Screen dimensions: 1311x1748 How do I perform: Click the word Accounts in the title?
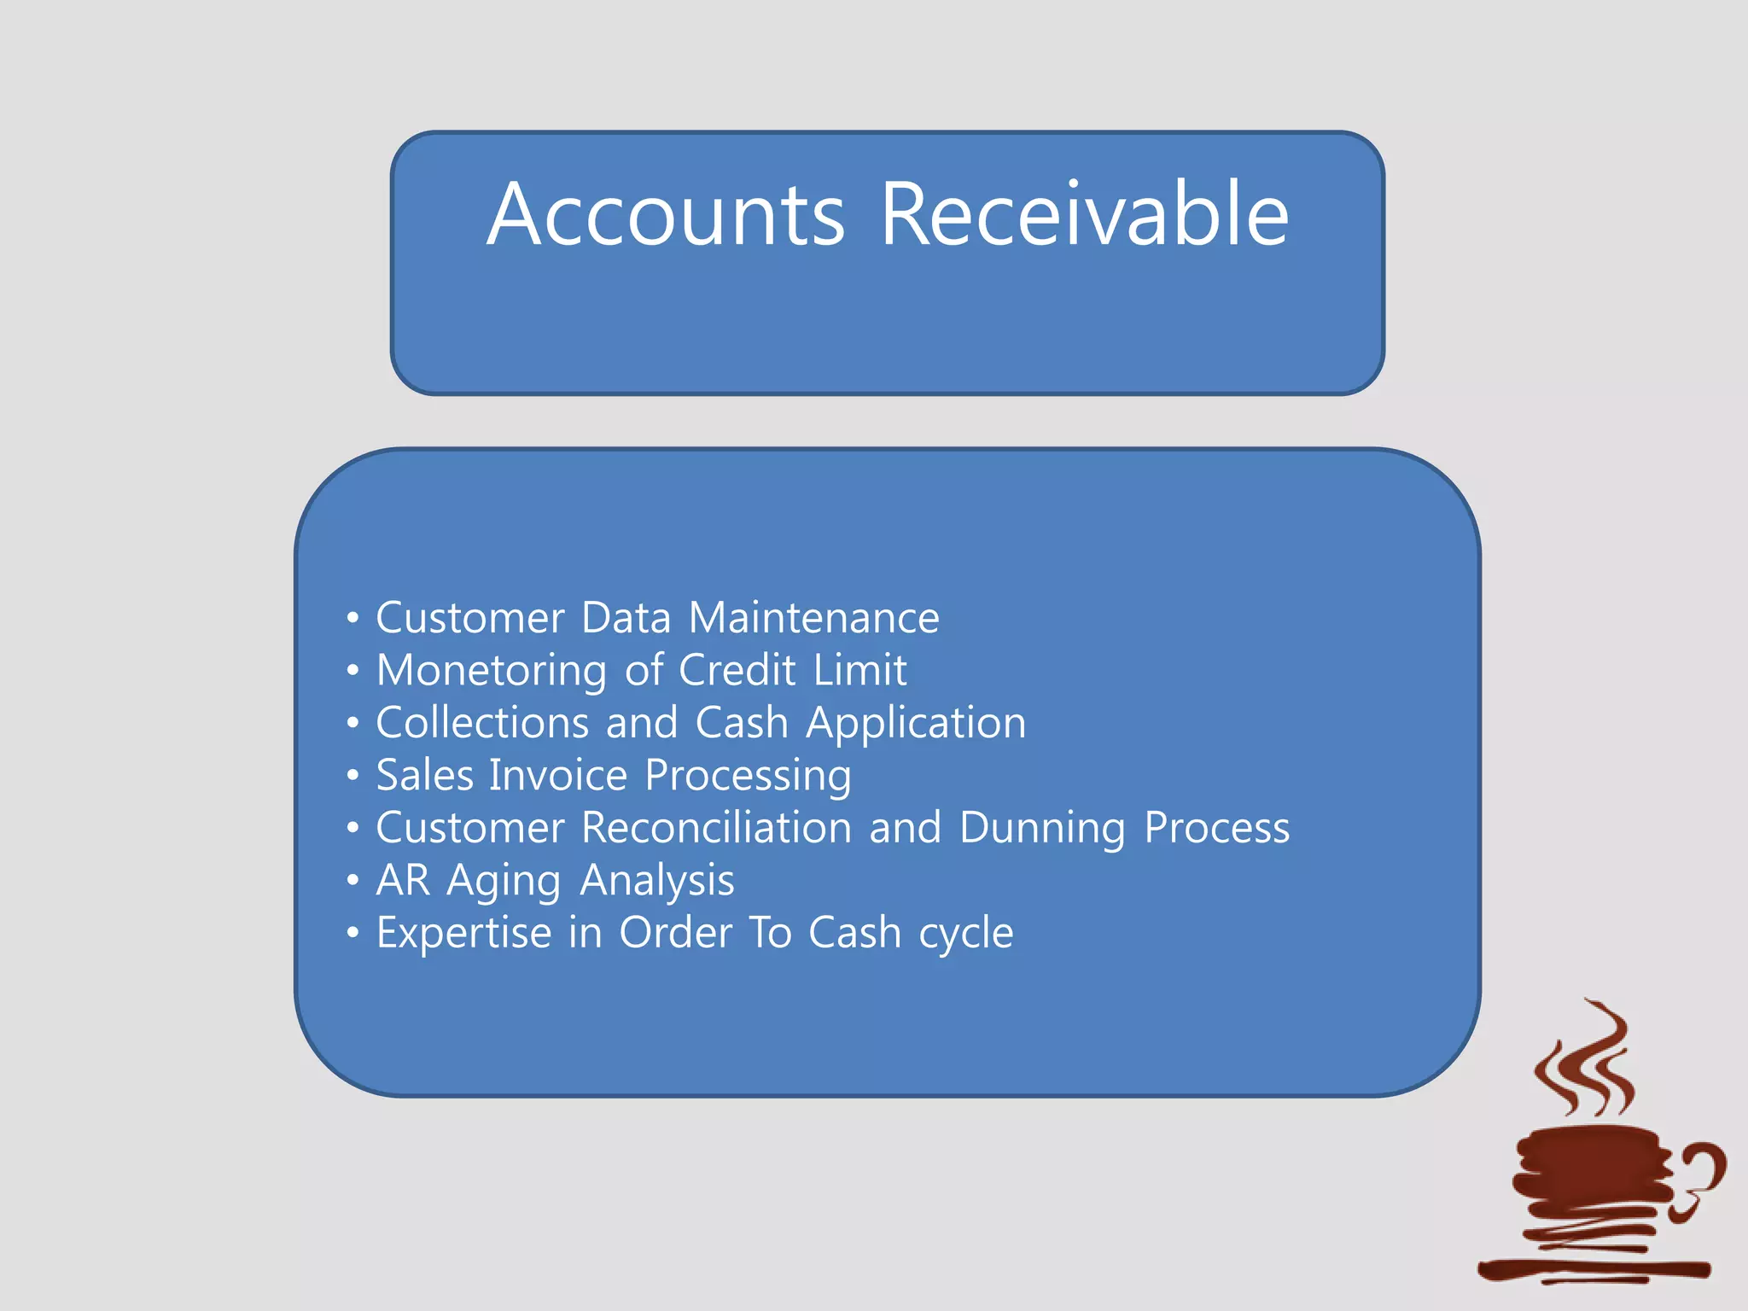pos(666,215)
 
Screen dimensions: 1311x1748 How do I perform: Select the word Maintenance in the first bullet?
pos(813,618)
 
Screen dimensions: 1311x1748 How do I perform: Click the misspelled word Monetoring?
pos(491,671)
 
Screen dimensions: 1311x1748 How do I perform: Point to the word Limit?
pos(859,670)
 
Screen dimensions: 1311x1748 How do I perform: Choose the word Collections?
pos(482,723)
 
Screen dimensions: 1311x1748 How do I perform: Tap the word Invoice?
pos(558,775)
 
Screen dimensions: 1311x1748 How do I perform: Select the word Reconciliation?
pos(716,828)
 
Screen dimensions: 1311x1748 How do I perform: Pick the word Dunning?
pos(1042,829)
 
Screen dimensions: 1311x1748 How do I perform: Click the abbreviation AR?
pos(403,880)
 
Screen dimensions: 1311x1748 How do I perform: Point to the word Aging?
pos(504,882)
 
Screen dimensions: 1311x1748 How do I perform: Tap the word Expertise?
pos(463,933)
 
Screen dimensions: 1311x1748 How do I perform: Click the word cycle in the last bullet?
pos(966,934)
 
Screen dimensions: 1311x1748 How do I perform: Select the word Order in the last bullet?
pos(675,933)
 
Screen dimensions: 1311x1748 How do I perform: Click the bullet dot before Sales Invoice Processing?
pos(353,776)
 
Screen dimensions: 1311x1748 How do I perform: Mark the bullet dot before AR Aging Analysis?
pos(353,880)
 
